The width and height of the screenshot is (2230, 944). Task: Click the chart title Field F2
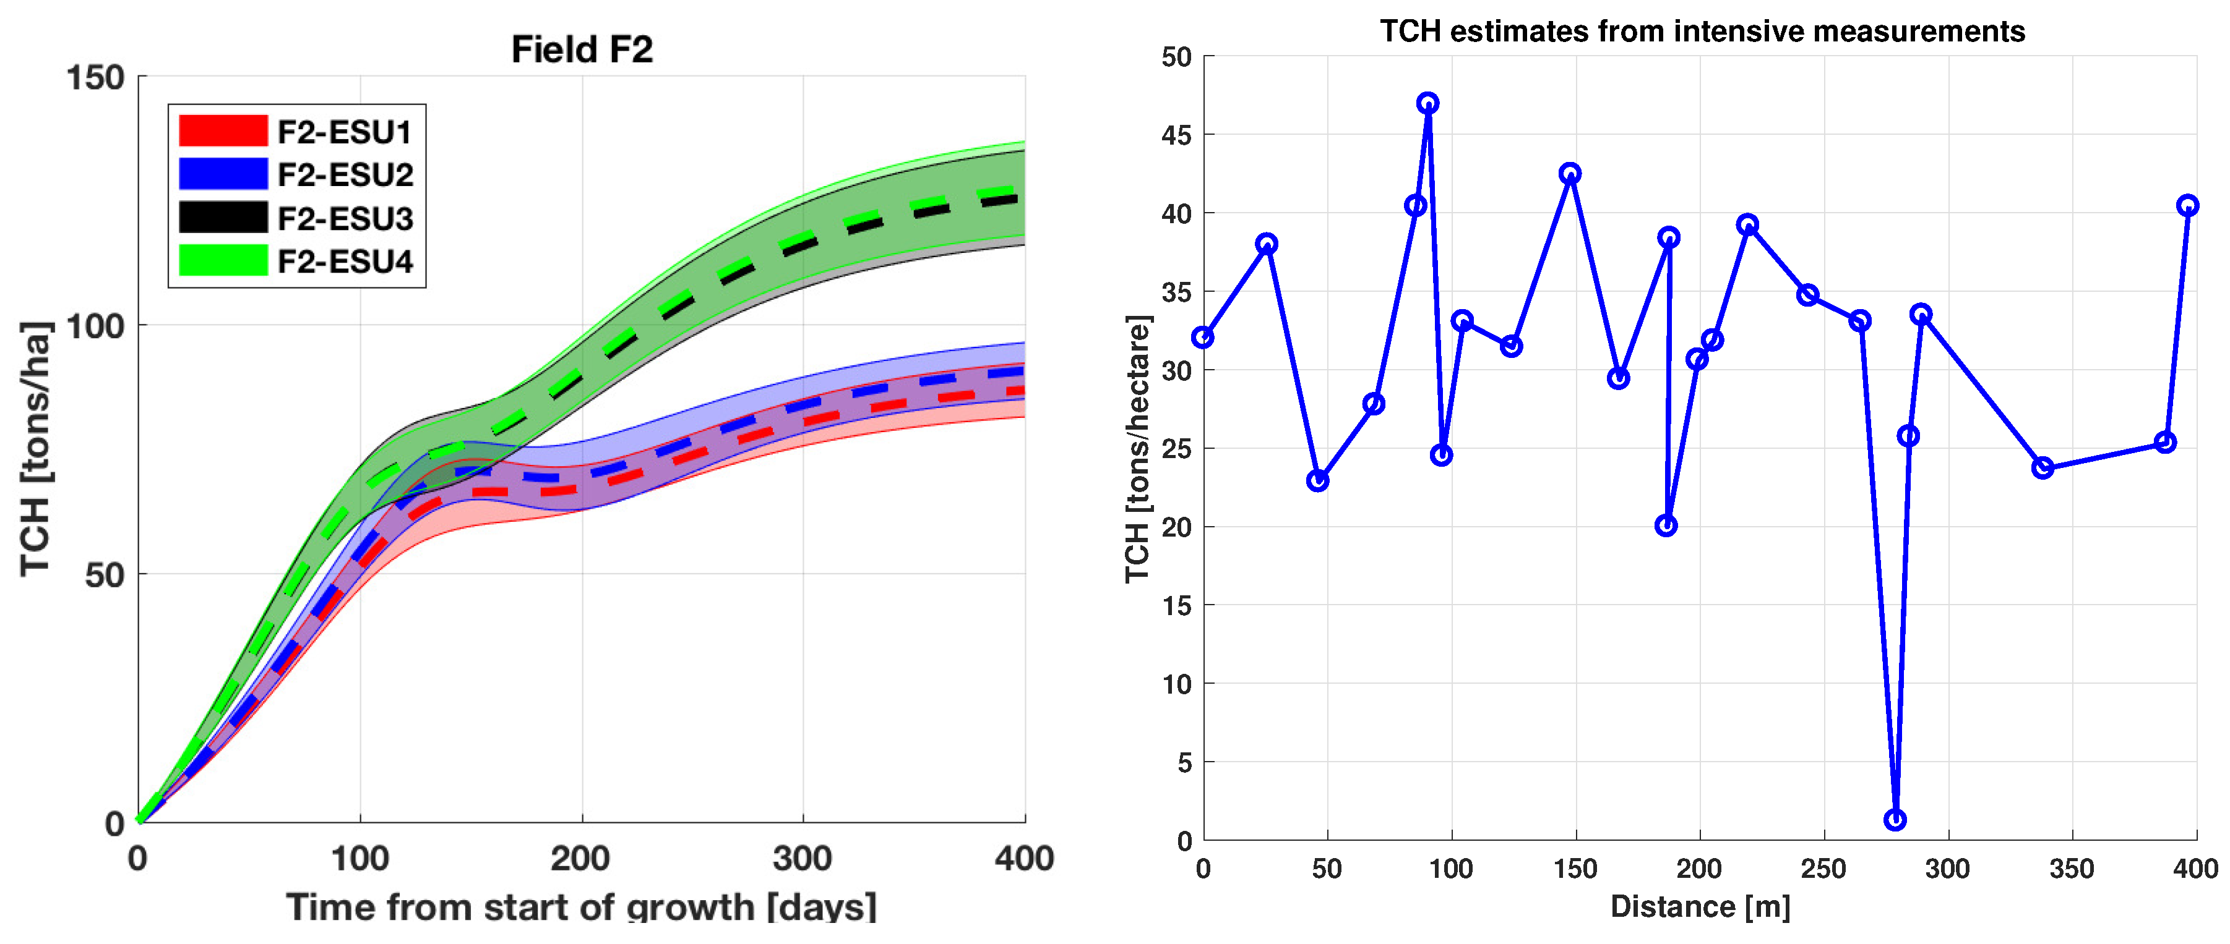pyautogui.click(x=582, y=49)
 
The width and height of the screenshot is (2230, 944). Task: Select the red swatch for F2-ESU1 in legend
pyautogui.click(x=223, y=130)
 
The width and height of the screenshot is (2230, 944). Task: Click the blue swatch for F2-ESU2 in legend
pyautogui.click(x=223, y=174)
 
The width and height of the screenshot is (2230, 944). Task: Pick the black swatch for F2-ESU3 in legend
pyautogui.click(x=223, y=217)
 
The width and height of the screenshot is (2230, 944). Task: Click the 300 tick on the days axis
pyautogui.click(x=802, y=858)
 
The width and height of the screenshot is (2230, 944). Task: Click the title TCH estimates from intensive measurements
pyautogui.click(x=1702, y=31)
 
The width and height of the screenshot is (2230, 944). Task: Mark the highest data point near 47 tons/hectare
pyautogui.click(x=1428, y=103)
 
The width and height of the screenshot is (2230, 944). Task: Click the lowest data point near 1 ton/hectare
pyautogui.click(x=1895, y=819)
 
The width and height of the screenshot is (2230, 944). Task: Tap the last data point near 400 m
pyautogui.click(x=2187, y=205)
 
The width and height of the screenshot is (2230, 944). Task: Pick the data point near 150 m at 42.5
pyautogui.click(x=1570, y=174)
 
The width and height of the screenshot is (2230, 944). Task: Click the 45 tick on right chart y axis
pyautogui.click(x=1176, y=135)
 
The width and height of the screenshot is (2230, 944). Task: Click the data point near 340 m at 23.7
pyautogui.click(x=2042, y=468)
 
